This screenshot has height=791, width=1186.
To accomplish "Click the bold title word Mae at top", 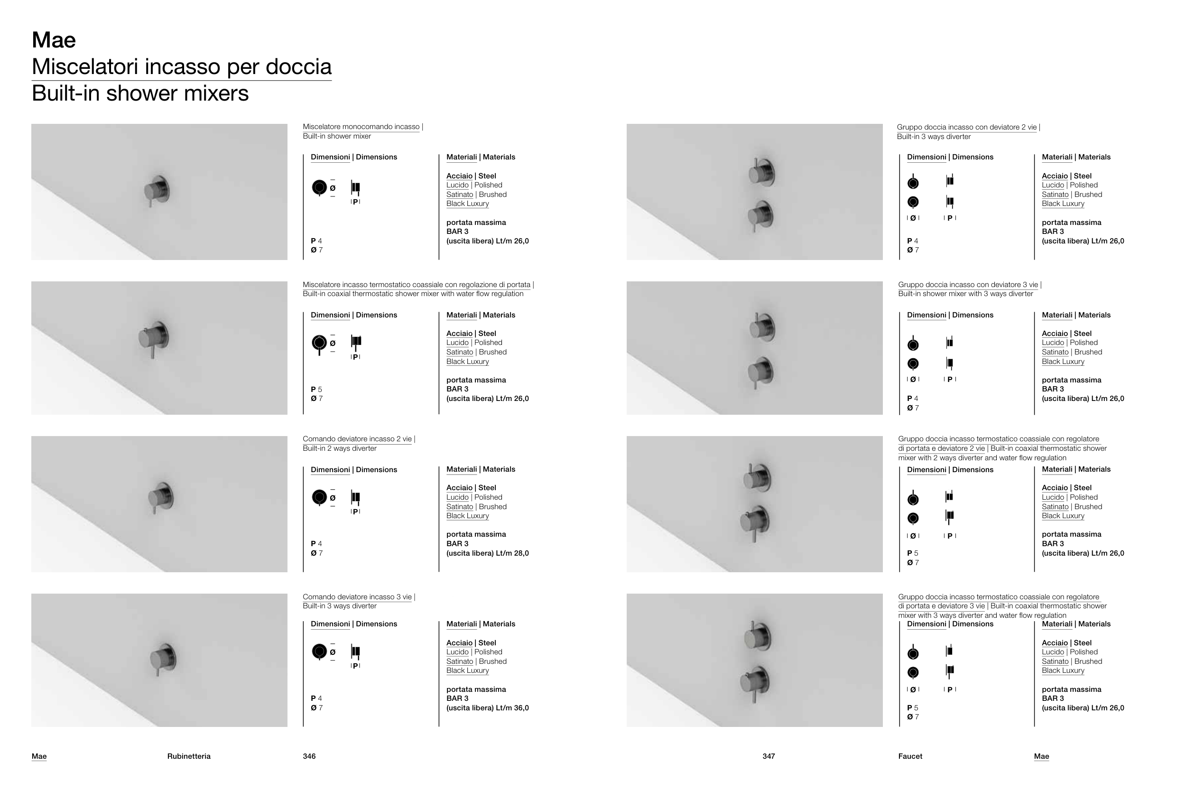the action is coord(54,40).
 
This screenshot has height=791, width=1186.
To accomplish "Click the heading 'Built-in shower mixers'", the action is coord(140,93).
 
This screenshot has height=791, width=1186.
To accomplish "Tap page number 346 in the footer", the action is coord(309,756).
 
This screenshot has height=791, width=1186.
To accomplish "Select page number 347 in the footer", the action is coord(769,756).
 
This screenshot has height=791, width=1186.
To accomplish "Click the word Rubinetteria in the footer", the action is coord(189,756).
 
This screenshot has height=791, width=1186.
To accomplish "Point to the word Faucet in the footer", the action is coord(910,756).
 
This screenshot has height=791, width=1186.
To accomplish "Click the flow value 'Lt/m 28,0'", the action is coord(512,553).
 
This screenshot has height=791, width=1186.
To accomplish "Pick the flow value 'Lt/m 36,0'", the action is coord(512,708).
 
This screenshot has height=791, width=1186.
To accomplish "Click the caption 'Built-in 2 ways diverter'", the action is coord(339,448).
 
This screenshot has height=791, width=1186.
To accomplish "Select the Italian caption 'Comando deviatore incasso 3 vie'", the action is coord(357,597).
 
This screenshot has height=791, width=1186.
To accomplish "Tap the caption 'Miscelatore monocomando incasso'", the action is coord(361,127).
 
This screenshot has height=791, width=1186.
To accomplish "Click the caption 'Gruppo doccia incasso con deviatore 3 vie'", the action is coord(968,285).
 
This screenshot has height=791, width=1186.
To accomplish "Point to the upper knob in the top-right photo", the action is coord(761,172).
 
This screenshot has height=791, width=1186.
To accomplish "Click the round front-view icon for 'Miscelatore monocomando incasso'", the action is coord(319,187).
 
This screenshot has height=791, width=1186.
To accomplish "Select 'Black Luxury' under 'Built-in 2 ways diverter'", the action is coord(467,516).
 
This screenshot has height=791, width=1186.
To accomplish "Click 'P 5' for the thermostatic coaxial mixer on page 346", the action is coord(316,390).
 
